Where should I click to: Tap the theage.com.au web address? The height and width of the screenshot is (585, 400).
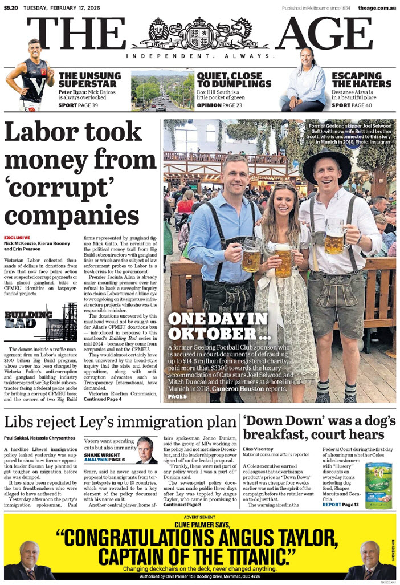(377, 8)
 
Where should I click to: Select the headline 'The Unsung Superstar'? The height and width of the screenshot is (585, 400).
(89, 80)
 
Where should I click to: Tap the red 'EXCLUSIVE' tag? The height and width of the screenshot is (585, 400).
(18, 237)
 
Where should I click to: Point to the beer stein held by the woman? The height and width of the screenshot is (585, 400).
(283, 264)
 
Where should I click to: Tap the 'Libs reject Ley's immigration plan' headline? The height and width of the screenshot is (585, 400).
(120, 422)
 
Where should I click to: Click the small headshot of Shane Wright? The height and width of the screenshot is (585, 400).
(146, 449)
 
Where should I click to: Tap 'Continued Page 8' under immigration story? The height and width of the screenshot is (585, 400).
(182, 505)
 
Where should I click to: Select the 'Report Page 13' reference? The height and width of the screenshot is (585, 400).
(341, 505)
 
